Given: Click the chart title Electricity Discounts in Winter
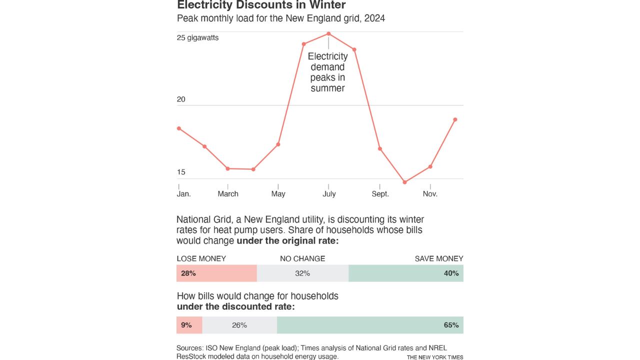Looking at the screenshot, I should [261, 5].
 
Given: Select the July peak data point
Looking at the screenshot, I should [328, 33].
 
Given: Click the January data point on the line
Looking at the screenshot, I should [178, 128].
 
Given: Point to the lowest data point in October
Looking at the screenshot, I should [405, 182].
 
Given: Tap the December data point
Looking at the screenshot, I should [455, 119].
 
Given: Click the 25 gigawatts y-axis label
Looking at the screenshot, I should [198, 38].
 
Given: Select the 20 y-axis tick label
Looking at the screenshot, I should [181, 99].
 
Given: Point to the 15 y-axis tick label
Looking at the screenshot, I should [181, 172].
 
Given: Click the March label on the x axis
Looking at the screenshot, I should [228, 194].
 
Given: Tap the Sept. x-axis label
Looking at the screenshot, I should [380, 194].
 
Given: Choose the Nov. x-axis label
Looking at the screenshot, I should [430, 194].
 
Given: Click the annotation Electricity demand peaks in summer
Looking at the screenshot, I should [327, 72].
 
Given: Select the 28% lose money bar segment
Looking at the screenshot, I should [216, 273].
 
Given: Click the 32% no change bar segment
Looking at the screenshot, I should [302, 273].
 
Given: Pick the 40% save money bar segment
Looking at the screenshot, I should [406, 273].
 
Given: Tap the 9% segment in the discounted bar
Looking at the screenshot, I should [189, 325].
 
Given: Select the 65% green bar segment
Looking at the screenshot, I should [370, 325].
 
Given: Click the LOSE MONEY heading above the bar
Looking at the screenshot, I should [201, 258].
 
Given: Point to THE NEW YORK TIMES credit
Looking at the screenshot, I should [435, 357].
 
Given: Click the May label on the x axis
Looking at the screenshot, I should [278, 194].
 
